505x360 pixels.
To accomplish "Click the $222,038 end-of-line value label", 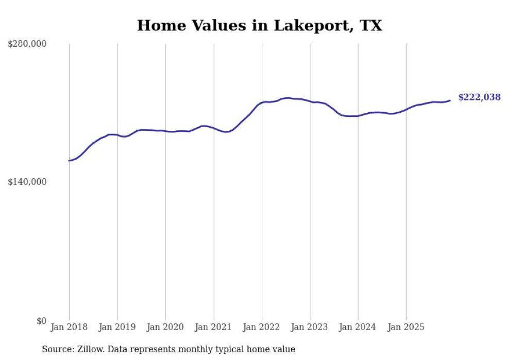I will point(479,97).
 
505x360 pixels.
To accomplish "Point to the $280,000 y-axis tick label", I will point(27,44).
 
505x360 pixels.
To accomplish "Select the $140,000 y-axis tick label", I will point(27,182).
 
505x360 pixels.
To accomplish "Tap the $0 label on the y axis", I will point(41,321).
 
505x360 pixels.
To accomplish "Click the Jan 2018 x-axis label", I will point(69,327).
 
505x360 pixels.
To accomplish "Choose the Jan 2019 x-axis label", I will point(117,327).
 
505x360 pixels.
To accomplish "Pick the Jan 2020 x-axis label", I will point(165,327).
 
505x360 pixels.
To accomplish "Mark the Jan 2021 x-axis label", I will point(213,327).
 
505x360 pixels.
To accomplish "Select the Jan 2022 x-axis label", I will point(262,327).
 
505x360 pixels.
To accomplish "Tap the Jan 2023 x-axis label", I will point(310,327).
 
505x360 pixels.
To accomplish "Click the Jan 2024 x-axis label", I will point(358,327).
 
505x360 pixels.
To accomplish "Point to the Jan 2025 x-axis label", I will point(406,327).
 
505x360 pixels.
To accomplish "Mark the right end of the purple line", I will point(450,100).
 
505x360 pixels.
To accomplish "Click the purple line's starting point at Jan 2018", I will point(69,161).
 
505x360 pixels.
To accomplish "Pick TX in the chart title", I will point(371,26).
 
